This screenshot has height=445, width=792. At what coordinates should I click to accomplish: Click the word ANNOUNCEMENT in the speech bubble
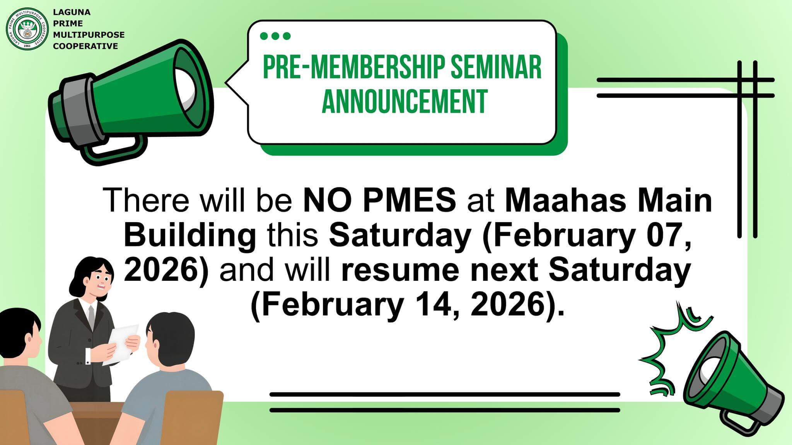[x=405, y=101]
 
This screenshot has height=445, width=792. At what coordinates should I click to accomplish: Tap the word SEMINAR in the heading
[x=496, y=67]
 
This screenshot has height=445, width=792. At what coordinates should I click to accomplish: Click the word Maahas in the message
[x=565, y=200]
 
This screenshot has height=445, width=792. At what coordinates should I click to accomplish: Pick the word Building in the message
[x=190, y=236]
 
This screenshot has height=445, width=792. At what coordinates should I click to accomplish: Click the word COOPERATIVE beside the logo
[x=85, y=46]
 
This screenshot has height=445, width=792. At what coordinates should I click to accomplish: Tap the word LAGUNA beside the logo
[x=72, y=12]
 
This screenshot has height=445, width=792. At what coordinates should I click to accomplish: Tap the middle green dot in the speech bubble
[x=275, y=36]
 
